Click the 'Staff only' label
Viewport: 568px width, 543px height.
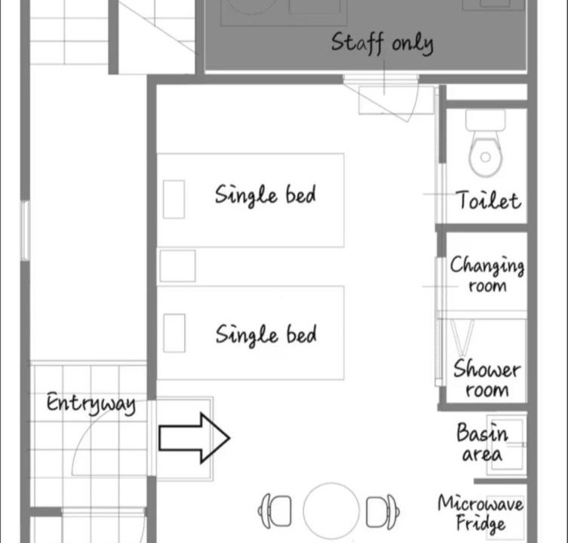[x=382, y=43]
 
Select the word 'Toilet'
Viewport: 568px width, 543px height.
[x=489, y=201]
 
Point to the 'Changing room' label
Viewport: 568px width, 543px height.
[x=487, y=274]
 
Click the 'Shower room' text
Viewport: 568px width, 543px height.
[x=487, y=379]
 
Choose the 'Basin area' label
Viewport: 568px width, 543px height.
[x=482, y=443]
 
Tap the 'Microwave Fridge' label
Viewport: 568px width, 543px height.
[x=480, y=514]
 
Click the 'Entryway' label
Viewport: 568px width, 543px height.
[x=91, y=403]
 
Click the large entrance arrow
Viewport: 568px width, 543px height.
[x=194, y=438]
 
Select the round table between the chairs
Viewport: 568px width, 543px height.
[x=331, y=511]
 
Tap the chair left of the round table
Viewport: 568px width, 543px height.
[x=275, y=511]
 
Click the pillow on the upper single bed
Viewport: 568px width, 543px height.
[x=174, y=200]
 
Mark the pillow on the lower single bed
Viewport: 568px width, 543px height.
[x=174, y=333]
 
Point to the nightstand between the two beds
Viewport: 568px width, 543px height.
[x=177, y=266]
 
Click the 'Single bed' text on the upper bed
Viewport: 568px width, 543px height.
[x=266, y=195]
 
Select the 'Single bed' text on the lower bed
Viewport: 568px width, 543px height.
[x=266, y=334]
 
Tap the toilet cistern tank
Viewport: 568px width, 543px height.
[x=486, y=120]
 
